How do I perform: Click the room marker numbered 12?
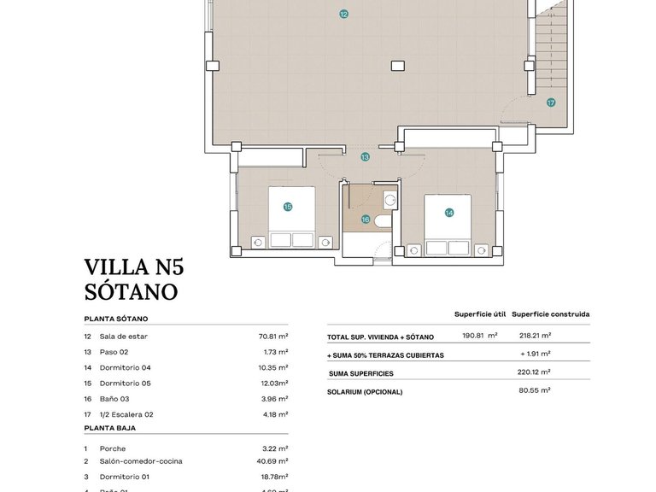[343, 14]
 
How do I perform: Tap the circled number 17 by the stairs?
[551, 102]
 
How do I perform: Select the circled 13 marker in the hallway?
[365, 157]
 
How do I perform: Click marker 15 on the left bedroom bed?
[288, 206]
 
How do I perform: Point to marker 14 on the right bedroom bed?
[448, 212]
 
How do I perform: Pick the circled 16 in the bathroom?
[366, 220]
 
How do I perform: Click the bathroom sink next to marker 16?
[389, 202]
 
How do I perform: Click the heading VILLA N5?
[133, 267]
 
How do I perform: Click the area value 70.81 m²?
[272, 337]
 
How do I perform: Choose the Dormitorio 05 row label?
[125, 384]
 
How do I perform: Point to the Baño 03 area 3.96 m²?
[274, 399]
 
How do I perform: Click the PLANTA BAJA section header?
[109, 428]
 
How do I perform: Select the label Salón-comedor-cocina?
[141, 461]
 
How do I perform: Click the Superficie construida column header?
[550, 314]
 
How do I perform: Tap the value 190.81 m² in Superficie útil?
[479, 337]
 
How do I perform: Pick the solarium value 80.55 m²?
[536, 390]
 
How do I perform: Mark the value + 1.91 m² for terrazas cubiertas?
[536, 354]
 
